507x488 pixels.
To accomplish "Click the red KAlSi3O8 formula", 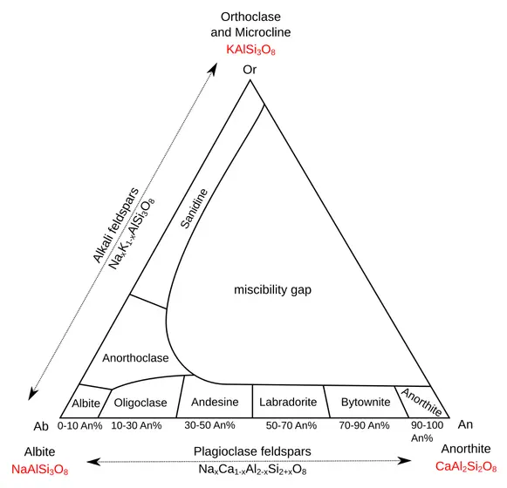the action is pyautogui.click(x=250, y=50).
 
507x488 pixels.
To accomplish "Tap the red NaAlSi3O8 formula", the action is pyautogui.click(x=40, y=470).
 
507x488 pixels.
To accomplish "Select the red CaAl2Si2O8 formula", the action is pyautogui.click(x=466, y=467).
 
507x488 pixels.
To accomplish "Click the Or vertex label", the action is pyautogui.click(x=250, y=70).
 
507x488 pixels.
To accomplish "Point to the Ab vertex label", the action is pyautogui.click(x=41, y=426).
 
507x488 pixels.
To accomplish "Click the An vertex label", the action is pyautogui.click(x=465, y=424).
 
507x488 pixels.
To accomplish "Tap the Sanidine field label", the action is pyautogui.click(x=194, y=208).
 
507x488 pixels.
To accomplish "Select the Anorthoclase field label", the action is pyautogui.click(x=135, y=358).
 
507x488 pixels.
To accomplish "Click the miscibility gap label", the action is pyautogui.click(x=272, y=289).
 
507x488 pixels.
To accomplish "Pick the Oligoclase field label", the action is pyautogui.click(x=140, y=403).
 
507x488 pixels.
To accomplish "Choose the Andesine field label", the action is pyautogui.click(x=215, y=402).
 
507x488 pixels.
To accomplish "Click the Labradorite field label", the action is pyautogui.click(x=288, y=402).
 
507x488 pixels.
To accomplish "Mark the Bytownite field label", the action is pyautogui.click(x=366, y=403).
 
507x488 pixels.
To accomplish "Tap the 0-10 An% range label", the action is pyautogui.click(x=80, y=426).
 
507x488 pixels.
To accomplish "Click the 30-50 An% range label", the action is pyautogui.click(x=209, y=425).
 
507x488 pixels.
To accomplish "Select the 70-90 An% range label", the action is pyautogui.click(x=364, y=425).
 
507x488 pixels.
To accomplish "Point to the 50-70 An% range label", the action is pyautogui.click(x=291, y=425).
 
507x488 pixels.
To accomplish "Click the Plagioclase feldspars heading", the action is pyautogui.click(x=252, y=451).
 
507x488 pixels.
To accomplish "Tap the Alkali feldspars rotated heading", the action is pyautogui.click(x=115, y=225).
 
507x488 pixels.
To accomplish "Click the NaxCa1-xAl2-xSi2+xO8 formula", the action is pyautogui.click(x=252, y=470).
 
